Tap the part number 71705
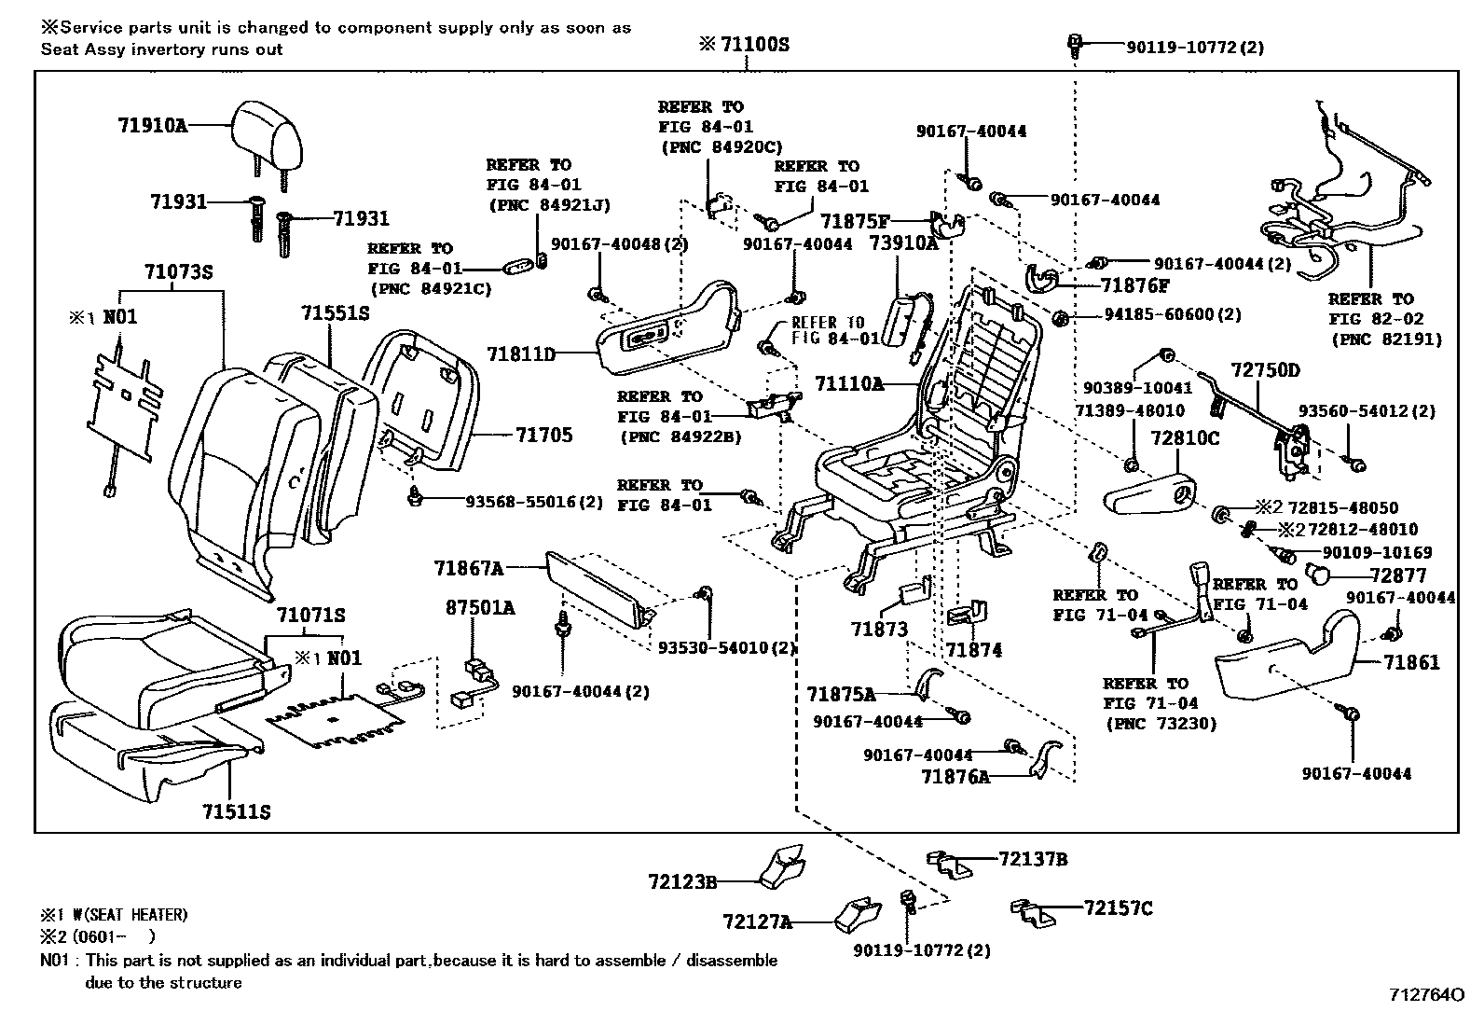[x=544, y=436]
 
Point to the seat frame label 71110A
[x=848, y=383]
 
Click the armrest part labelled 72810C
[x=1150, y=493]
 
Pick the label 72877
[x=1398, y=576]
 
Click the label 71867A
[x=469, y=568]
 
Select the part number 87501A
[x=480, y=608]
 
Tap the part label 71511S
[x=237, y=811]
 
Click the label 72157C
[x=1118, y=907]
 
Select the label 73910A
[x=903, y=243]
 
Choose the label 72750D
[x=1265, y=370]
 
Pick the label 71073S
[x=179, y=272]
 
